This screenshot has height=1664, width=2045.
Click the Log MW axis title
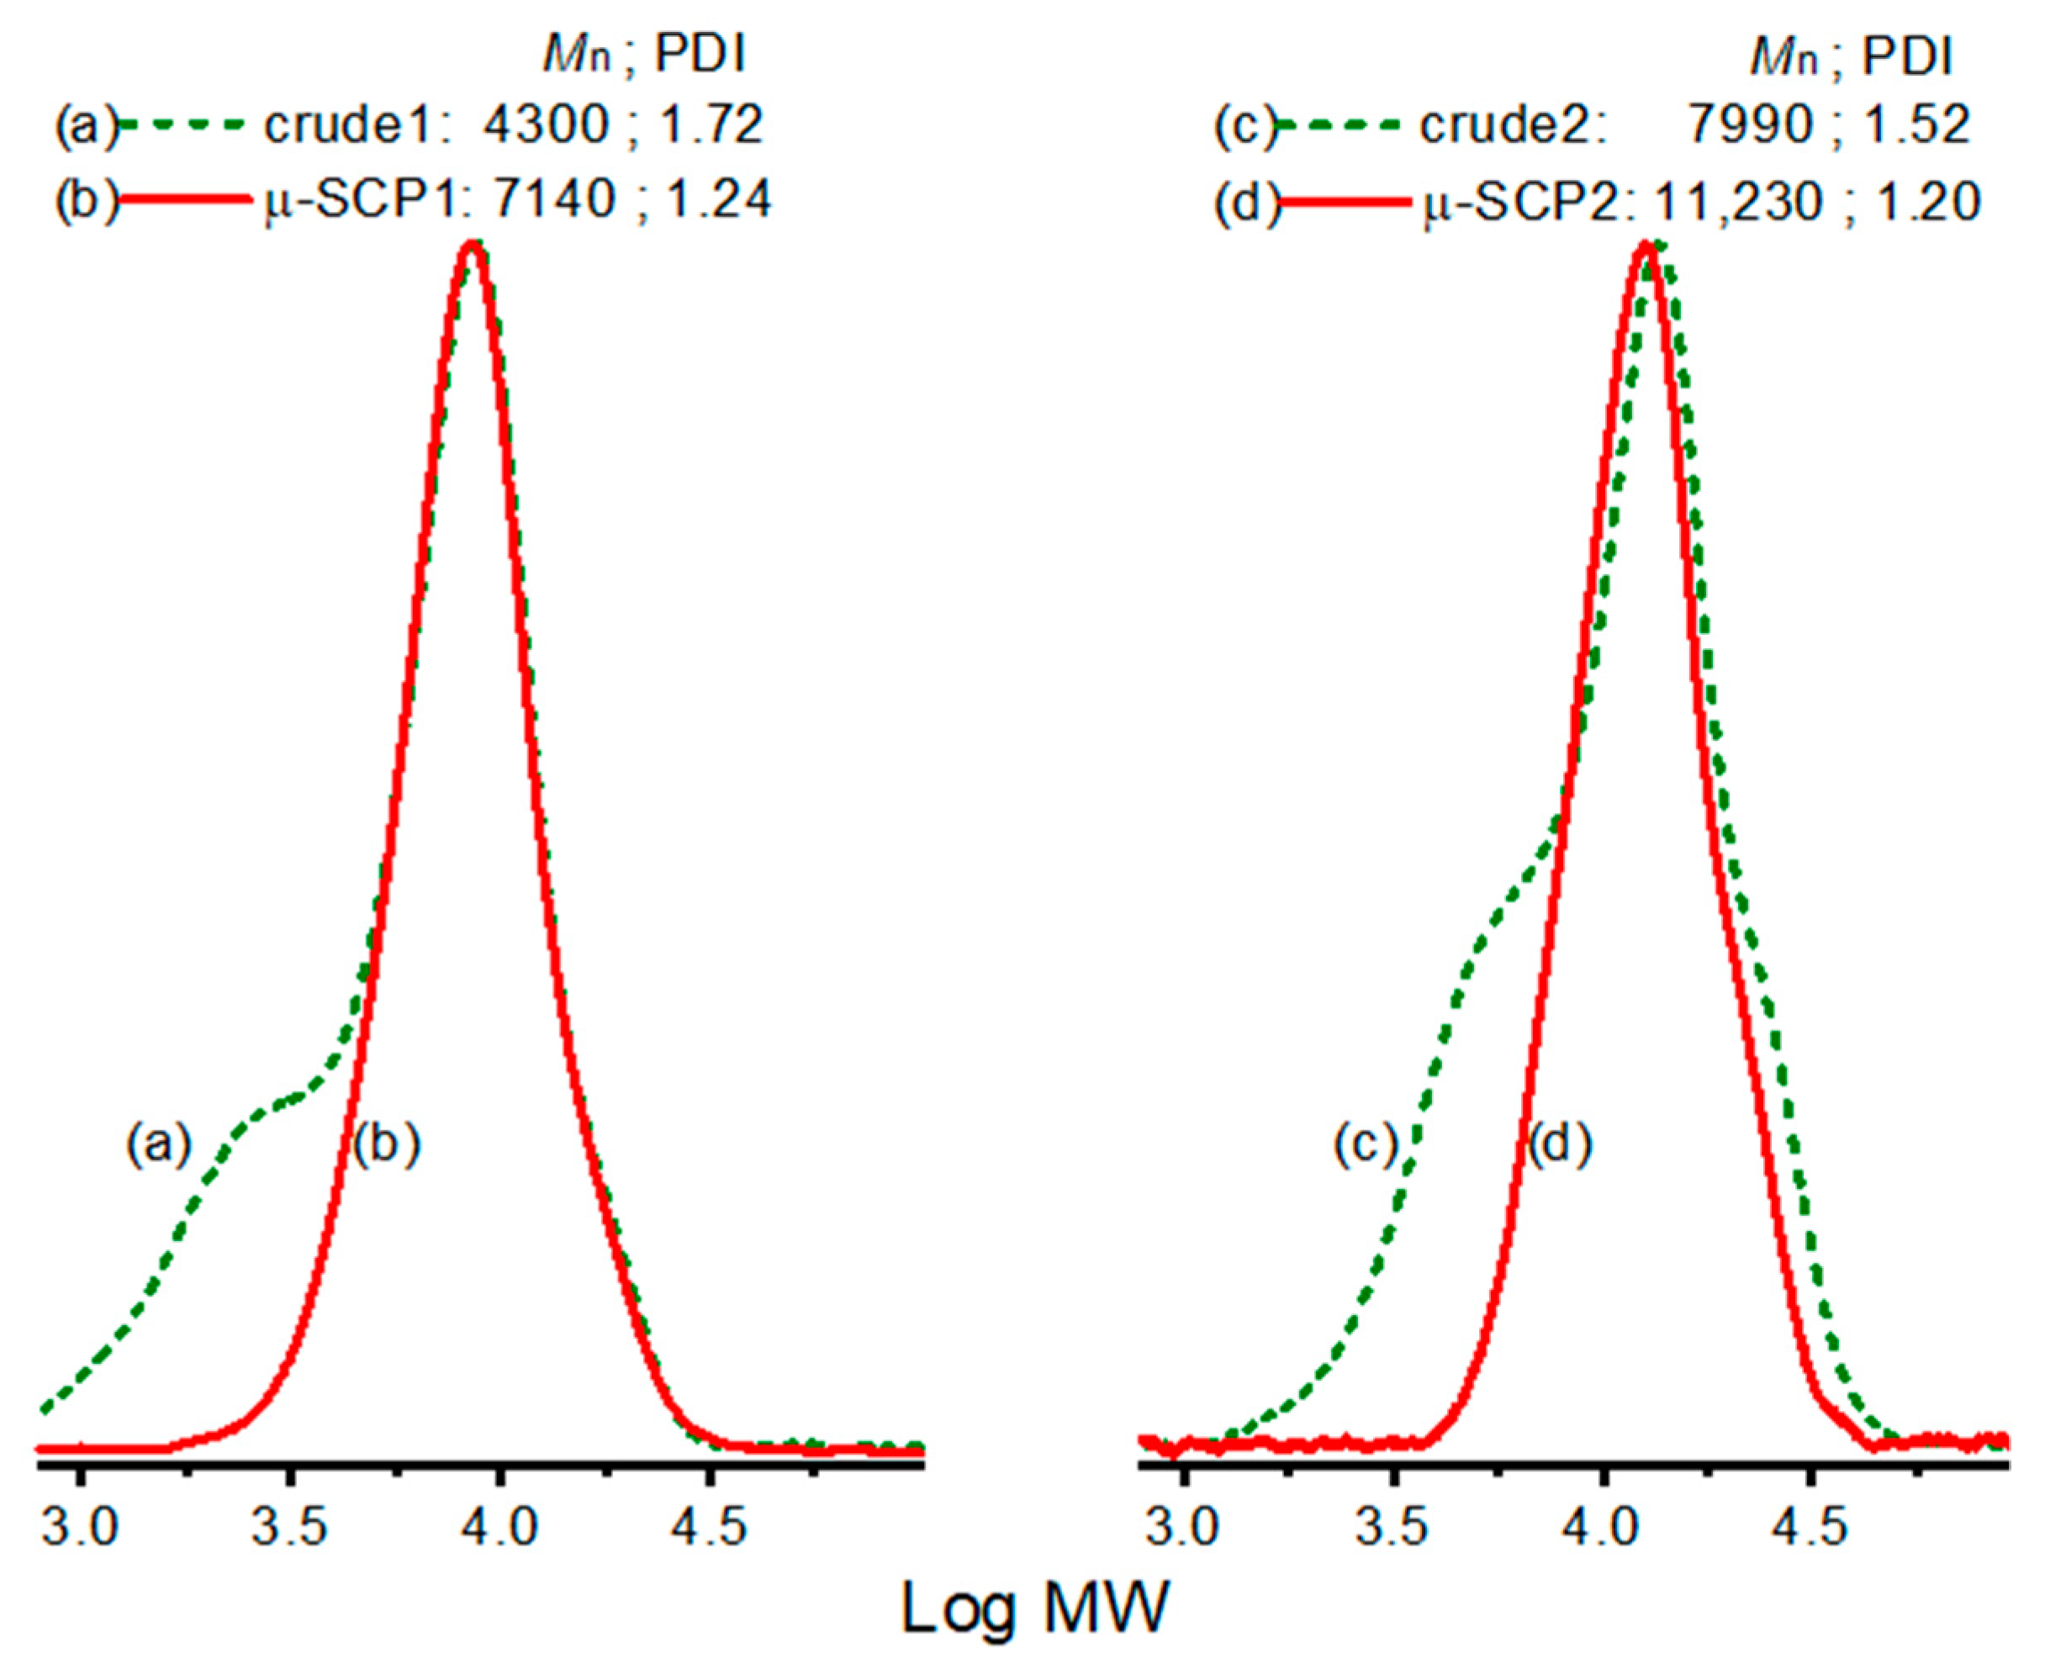[1035, 1609]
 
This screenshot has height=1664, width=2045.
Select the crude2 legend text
[1512, 125]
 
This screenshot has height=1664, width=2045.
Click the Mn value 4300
[546, 125]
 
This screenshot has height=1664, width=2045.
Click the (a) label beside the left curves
[159, 1144]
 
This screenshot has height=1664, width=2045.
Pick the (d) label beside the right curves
[1560, 1144]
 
